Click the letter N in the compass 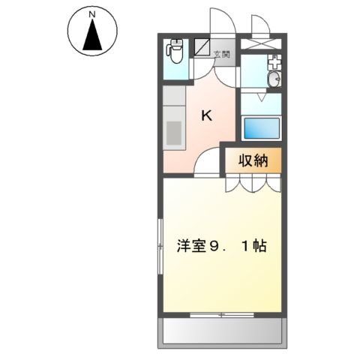(x=92, y=15)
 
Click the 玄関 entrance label (x=222, y=54)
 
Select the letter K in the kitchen (x=207, y=115)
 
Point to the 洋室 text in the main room (x=190, y=246)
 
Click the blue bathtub (x=261, y=127)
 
